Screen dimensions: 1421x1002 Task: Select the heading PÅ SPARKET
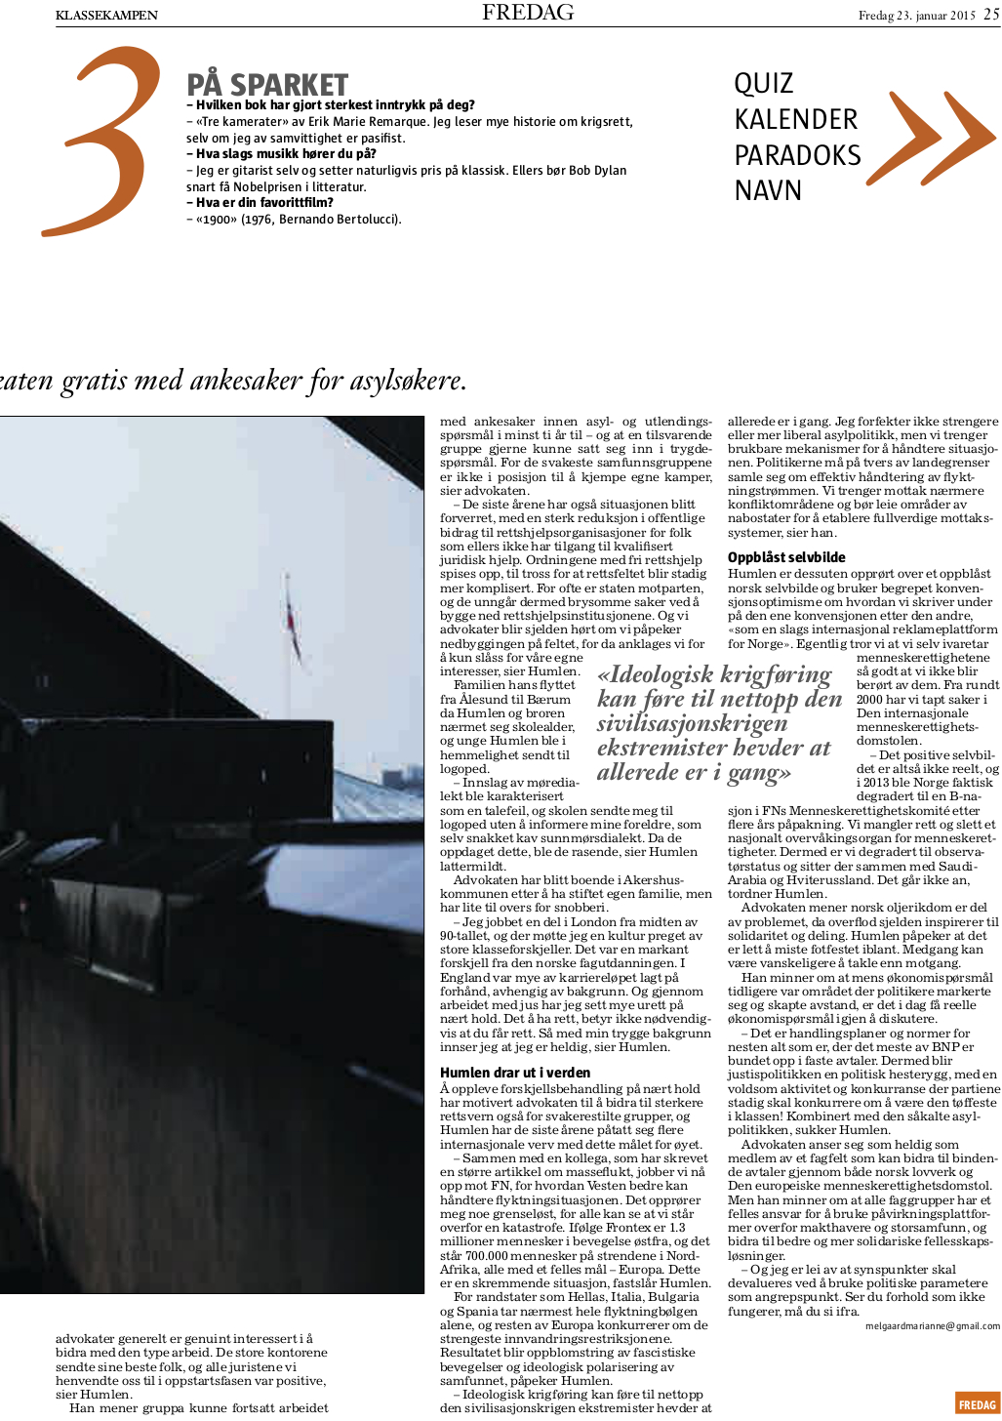(x=267, y=85)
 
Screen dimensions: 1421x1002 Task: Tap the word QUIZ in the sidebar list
(x=764, y=84)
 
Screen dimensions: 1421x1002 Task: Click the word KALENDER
(x=795, y=120)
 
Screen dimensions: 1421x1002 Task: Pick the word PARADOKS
(x=797, y=155)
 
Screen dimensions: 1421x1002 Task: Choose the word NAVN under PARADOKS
(x=768, y=190)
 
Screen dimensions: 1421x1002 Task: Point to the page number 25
(x=991, y=14)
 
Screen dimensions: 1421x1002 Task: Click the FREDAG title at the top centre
(x=528, y=13)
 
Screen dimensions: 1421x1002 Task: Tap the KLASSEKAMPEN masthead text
(x=106, y=15)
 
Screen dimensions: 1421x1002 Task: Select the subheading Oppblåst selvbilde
(x=786, y=557)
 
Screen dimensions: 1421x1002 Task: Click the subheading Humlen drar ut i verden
(x=515, y=1073)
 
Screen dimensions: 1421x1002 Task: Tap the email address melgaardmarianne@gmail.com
(x=932, y=1325)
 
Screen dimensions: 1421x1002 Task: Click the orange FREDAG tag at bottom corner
(x=977, y=1404)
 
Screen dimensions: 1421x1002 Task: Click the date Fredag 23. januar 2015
(x=916, y=15)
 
